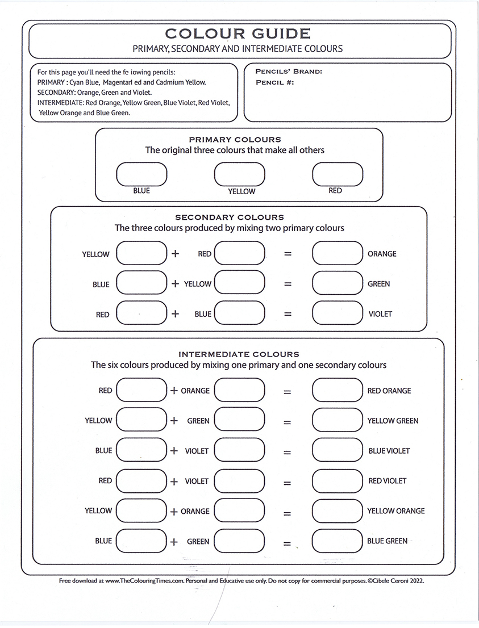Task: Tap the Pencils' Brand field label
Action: [x=289, y=72]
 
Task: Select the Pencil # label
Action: [x=274, y=82]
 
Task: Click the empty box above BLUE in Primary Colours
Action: [x=141, y=174]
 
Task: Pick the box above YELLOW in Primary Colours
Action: [x=239, y=174]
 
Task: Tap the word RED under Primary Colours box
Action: [x=335, y=191]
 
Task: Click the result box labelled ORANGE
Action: [x=338, y=253]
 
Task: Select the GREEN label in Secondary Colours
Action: [x=378, y=284]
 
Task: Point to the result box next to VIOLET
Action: [x=338, y=313]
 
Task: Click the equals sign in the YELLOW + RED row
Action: [x=288, y=254]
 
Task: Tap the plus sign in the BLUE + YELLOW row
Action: [x=175, y=284]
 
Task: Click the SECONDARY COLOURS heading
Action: [x=230, y=217]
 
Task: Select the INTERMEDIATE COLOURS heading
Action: [x=239, y=354]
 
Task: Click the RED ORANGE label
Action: [x=389, y=391]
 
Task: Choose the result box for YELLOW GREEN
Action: [x=338, y=420]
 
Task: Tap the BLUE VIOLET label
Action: [x=389, y=451]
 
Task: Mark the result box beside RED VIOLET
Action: [x=338, y=480]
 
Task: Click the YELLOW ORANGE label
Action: [x=395, y=511]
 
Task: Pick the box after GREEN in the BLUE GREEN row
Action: [x=239, y=541]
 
